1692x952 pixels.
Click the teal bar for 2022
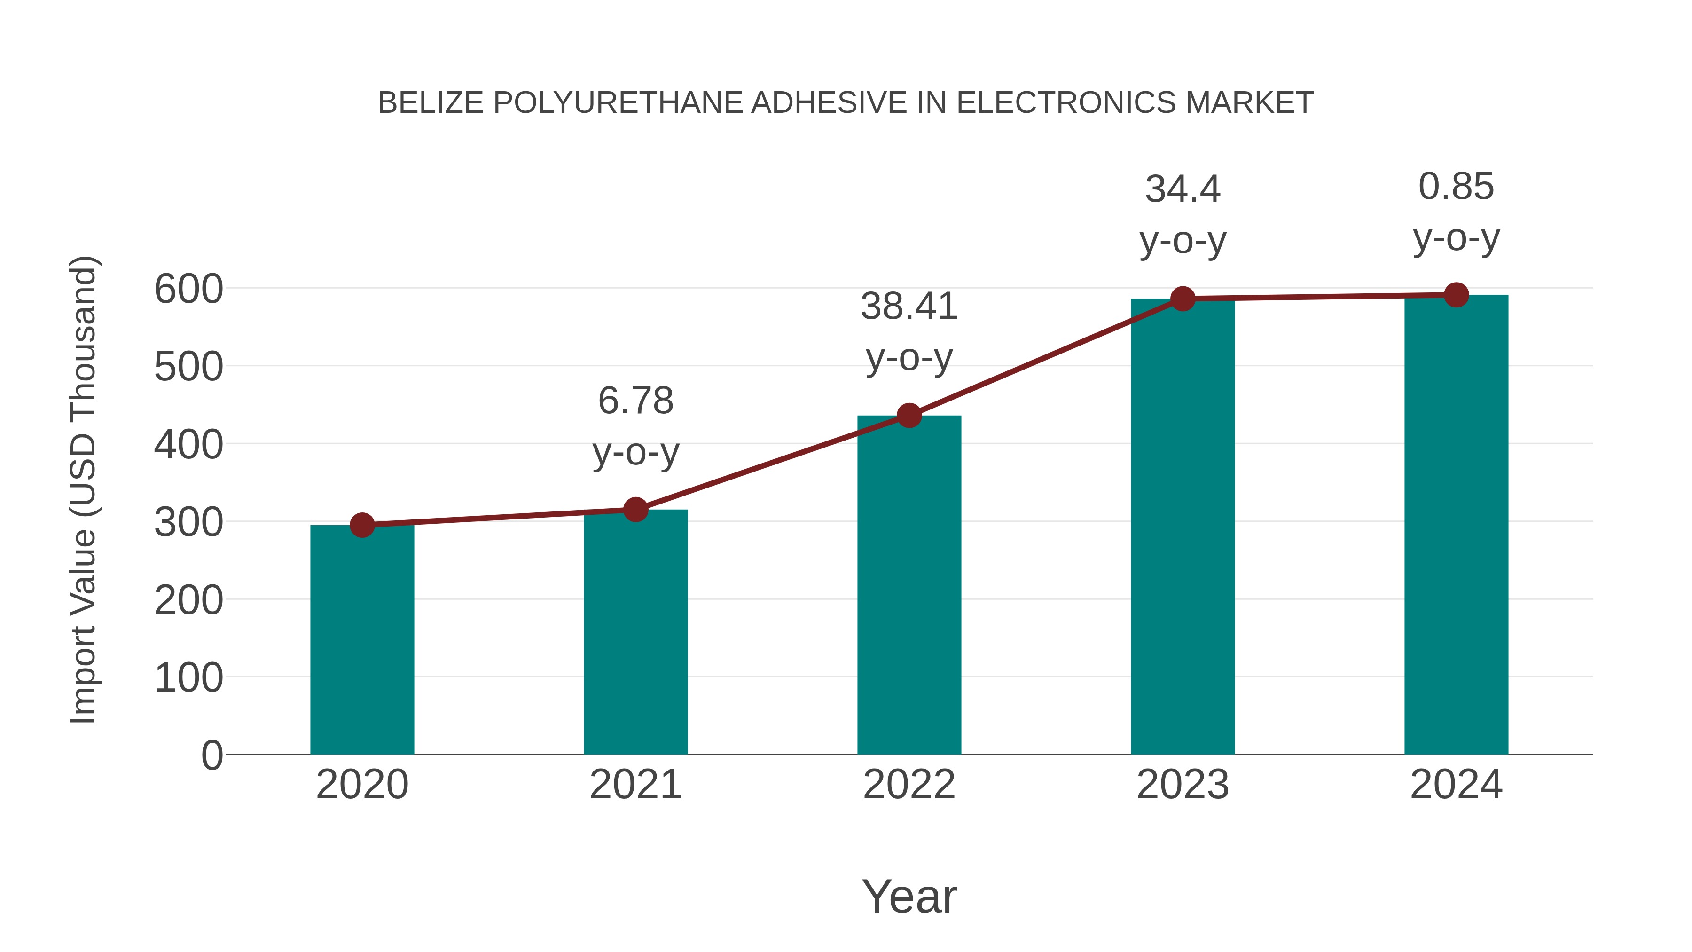[x=909, y=585]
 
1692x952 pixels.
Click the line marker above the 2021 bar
[x=635, y=509]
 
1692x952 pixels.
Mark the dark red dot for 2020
[x=362, y=525]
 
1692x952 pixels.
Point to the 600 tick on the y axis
[x=188, y=289]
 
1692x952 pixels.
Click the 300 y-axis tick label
[x=188, y=523]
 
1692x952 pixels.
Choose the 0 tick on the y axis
[x=211, y=755]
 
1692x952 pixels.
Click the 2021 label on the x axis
[x=635, y=785]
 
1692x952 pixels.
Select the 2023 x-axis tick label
[x=1183, y=785]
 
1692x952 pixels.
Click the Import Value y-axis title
[x=84, y=489]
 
